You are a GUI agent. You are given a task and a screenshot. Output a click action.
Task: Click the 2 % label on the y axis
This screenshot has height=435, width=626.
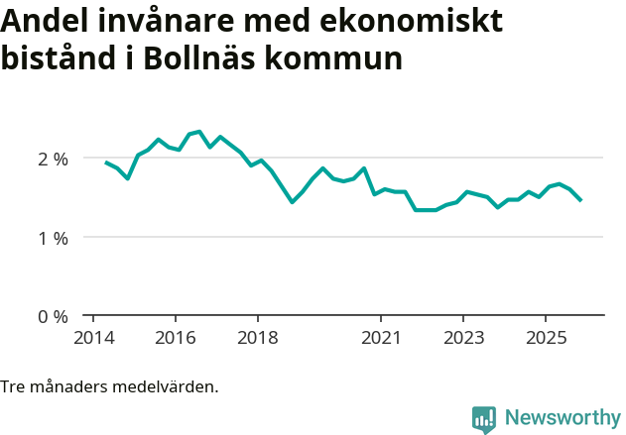pos(53,159)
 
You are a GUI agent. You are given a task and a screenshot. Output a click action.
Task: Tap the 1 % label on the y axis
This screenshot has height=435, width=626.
pos(53,238)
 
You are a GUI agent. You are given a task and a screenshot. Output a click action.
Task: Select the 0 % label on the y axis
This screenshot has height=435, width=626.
pos(53,317)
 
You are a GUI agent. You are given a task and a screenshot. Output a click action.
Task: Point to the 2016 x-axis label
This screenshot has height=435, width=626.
pos(175,337)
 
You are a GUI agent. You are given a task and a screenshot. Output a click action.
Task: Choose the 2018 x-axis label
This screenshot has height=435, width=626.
pos(257,337)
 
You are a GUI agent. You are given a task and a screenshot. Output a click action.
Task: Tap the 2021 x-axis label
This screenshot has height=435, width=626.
pos(381,337)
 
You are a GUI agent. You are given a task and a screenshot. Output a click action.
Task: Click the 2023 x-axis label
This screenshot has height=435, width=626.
pos(463,337)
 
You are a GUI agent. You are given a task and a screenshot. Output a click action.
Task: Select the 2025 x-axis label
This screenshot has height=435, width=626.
pos(546,337)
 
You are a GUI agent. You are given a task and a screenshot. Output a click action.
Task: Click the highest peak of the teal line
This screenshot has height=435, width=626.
pos(199,131)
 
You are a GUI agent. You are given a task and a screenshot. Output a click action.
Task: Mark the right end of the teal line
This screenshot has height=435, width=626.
pos(580,200)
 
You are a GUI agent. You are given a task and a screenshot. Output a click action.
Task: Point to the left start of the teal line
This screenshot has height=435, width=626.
pos(106,162)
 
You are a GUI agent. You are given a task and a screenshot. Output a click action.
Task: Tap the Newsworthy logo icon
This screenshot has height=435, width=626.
pos(484,419)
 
